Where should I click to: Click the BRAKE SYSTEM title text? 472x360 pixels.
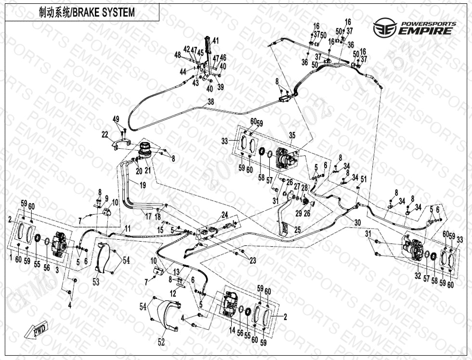coord(87,13)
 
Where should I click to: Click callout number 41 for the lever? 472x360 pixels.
coord(215,41)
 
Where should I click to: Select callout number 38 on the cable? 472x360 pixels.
coord(210,102)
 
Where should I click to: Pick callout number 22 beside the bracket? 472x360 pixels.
coord(105,135)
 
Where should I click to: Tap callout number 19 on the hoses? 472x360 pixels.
coord(143,185)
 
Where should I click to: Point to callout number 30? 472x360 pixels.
coord(357,222)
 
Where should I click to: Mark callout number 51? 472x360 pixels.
coord(363,179)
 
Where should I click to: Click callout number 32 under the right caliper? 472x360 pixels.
coord(418,276)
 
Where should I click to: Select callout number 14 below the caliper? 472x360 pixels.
coord(232,330)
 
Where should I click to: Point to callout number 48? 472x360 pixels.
coord(178,55)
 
